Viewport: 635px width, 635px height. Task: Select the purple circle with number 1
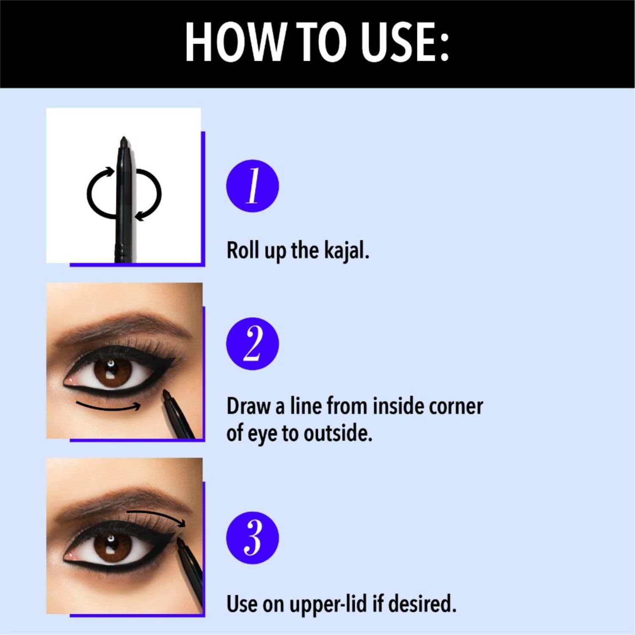coord(253,186)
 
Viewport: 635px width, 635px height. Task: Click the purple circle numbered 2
coord(253,343)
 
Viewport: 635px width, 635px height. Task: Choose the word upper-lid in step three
coord(328,604)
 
